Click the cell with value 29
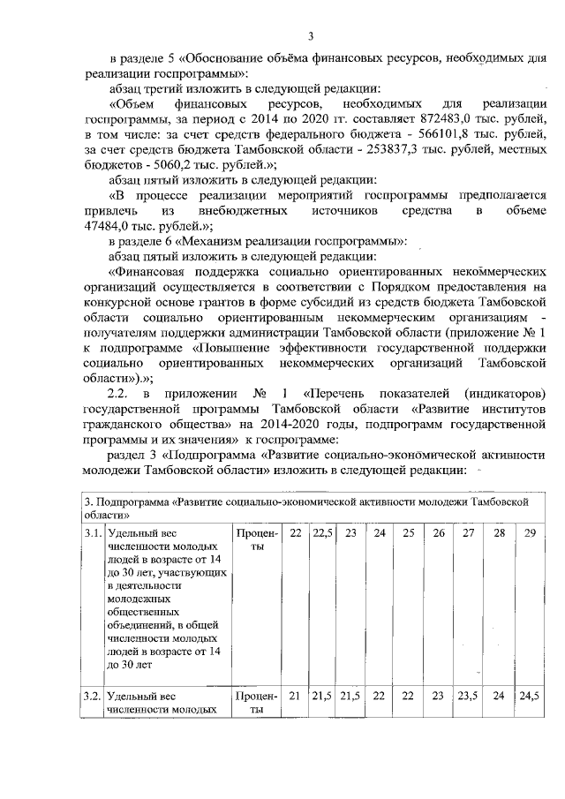pyautogui.click(x=528, y=533)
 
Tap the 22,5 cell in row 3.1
pyautogui.click(x=322, y=533)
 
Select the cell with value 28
pyautogui.click(x=498, y=533)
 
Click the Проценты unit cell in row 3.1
pyautogui.click(x=256, y=540)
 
